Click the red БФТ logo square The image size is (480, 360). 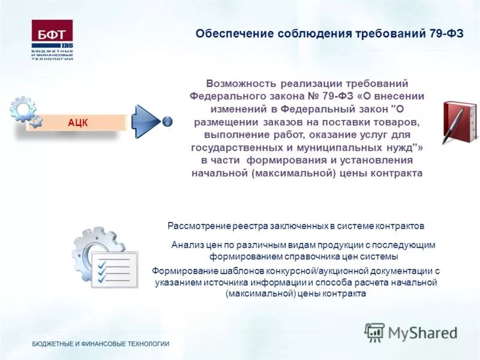click(52, 34)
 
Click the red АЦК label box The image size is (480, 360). click(78, 122)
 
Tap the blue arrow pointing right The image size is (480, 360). click(146, 121)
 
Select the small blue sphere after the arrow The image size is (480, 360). click(167, 121)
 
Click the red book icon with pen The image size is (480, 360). click(459, 122)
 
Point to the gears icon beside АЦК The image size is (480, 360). click(26, 112)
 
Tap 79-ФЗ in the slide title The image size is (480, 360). click(446, 33)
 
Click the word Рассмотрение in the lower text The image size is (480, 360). click(198, 226)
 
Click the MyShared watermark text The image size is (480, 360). click(422, 333)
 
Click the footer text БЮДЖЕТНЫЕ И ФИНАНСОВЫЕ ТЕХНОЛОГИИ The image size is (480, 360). click(101, 344)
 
